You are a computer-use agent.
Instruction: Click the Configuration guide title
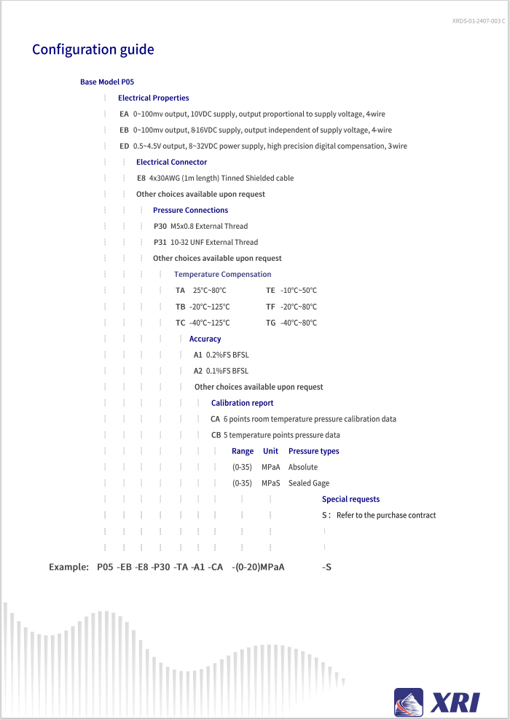[93, 50]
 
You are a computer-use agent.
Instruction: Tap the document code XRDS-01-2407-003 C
[478, 21]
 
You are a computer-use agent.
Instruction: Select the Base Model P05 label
[107, 82]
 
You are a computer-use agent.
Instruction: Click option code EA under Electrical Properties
[124, 114]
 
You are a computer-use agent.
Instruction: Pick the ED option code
[124, 146]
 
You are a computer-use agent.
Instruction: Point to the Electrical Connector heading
[171, 163]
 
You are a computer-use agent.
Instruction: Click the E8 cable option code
[141, 179]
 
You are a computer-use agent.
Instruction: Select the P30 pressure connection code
[160, 227]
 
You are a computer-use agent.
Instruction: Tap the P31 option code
[160, 243]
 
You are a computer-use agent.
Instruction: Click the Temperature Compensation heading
[222, 275]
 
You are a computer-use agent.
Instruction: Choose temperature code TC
[180, 323]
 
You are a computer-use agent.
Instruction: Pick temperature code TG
[271, 323]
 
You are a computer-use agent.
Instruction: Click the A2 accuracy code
[198, 371]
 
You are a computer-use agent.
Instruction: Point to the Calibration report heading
[243, 403]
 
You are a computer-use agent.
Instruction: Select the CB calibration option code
[216, 435]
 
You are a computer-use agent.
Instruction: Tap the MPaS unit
[271, 483]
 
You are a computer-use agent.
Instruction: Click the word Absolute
[303, 467]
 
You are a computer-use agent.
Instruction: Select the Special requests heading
[350, 499]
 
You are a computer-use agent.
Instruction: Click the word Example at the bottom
[68, 566]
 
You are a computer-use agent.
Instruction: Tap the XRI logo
[437, 701]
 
